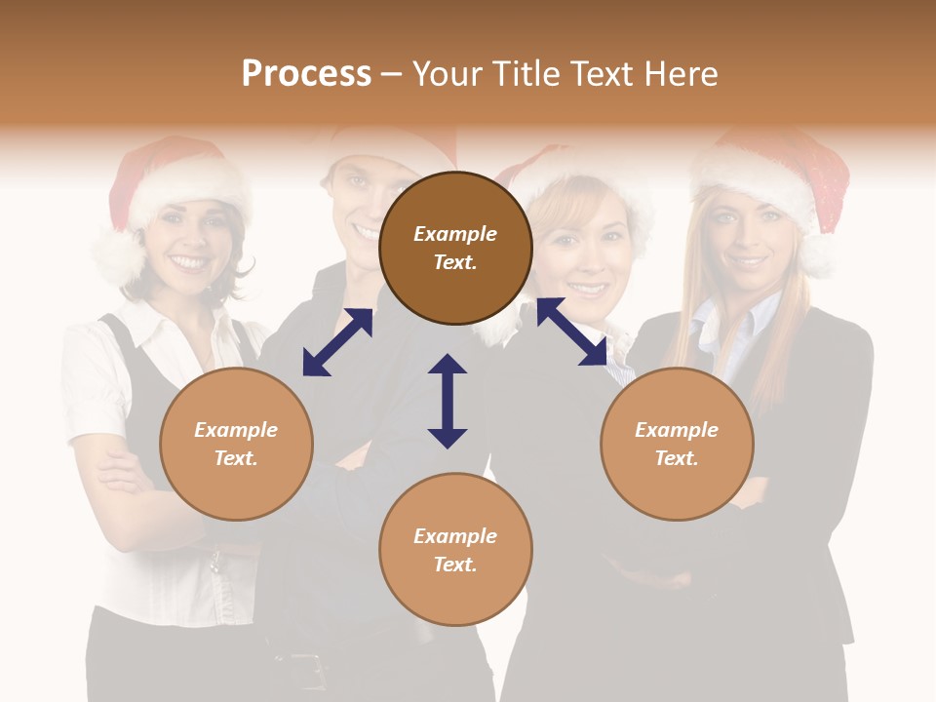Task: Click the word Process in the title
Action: pyautogui.click(x=306, y=74)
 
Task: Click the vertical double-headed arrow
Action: pyautogui.click(x=448, y=401)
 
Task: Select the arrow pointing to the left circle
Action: pyautogui.click(x=337, y=342)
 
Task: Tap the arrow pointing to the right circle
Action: pyautogui.click(x=572, y=331)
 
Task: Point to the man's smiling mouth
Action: pyautogui.click(x=365, y=232)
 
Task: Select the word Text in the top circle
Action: pyautogui.click(x=455, y=263)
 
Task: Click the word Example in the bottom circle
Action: pyautogui.click(x=455, y=536)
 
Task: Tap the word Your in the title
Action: pyautogui.click(x=445, y=74)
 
